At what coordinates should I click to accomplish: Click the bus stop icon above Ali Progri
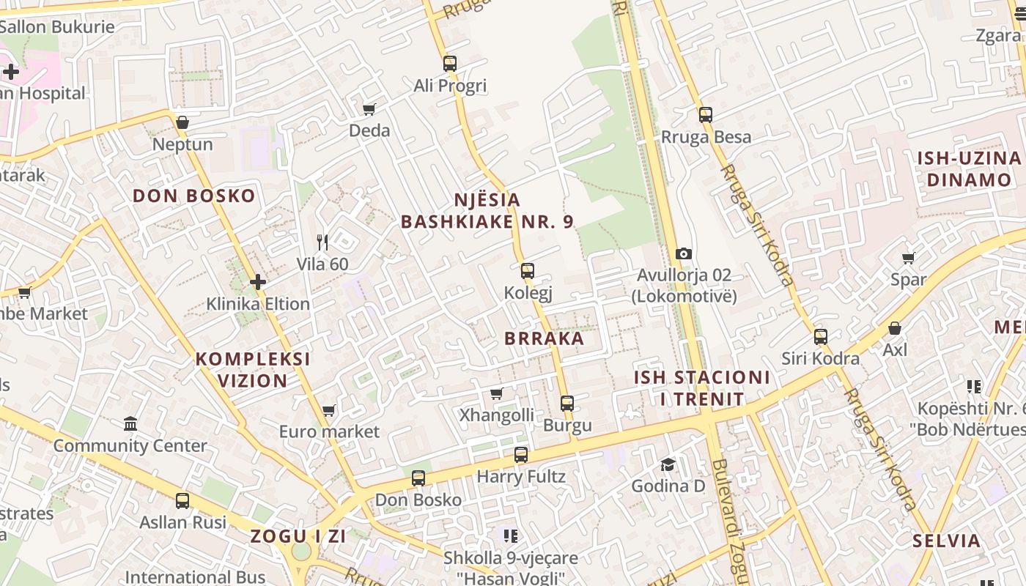[450, 64]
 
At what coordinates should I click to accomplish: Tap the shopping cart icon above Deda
[369, 109]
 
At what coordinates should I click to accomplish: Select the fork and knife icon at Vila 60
[322, 242]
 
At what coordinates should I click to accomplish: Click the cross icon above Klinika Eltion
[258, 281]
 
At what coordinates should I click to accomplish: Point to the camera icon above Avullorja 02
[684, 253]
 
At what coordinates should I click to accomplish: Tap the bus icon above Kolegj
[528, 271]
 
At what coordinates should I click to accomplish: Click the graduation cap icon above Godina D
[668, 464]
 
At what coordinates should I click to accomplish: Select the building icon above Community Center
[130, 423]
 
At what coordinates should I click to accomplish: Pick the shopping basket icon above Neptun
[182, 122]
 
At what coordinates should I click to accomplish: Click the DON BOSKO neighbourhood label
[194, 196]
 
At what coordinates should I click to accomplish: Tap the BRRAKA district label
[545, 338]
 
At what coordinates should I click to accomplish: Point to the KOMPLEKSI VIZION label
[253, 370]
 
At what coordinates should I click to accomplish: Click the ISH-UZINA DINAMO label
[969, 169]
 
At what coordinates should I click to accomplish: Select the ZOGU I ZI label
[298, 536]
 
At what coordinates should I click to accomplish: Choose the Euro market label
[330, 431]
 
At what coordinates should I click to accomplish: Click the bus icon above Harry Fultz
[521, 455]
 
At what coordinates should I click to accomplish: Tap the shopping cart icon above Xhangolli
[497, 393]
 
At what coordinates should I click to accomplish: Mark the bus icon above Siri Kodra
[821, 337]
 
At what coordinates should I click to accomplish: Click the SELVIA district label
[946, 541]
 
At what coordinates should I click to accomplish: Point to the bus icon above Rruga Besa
[706, 115]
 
